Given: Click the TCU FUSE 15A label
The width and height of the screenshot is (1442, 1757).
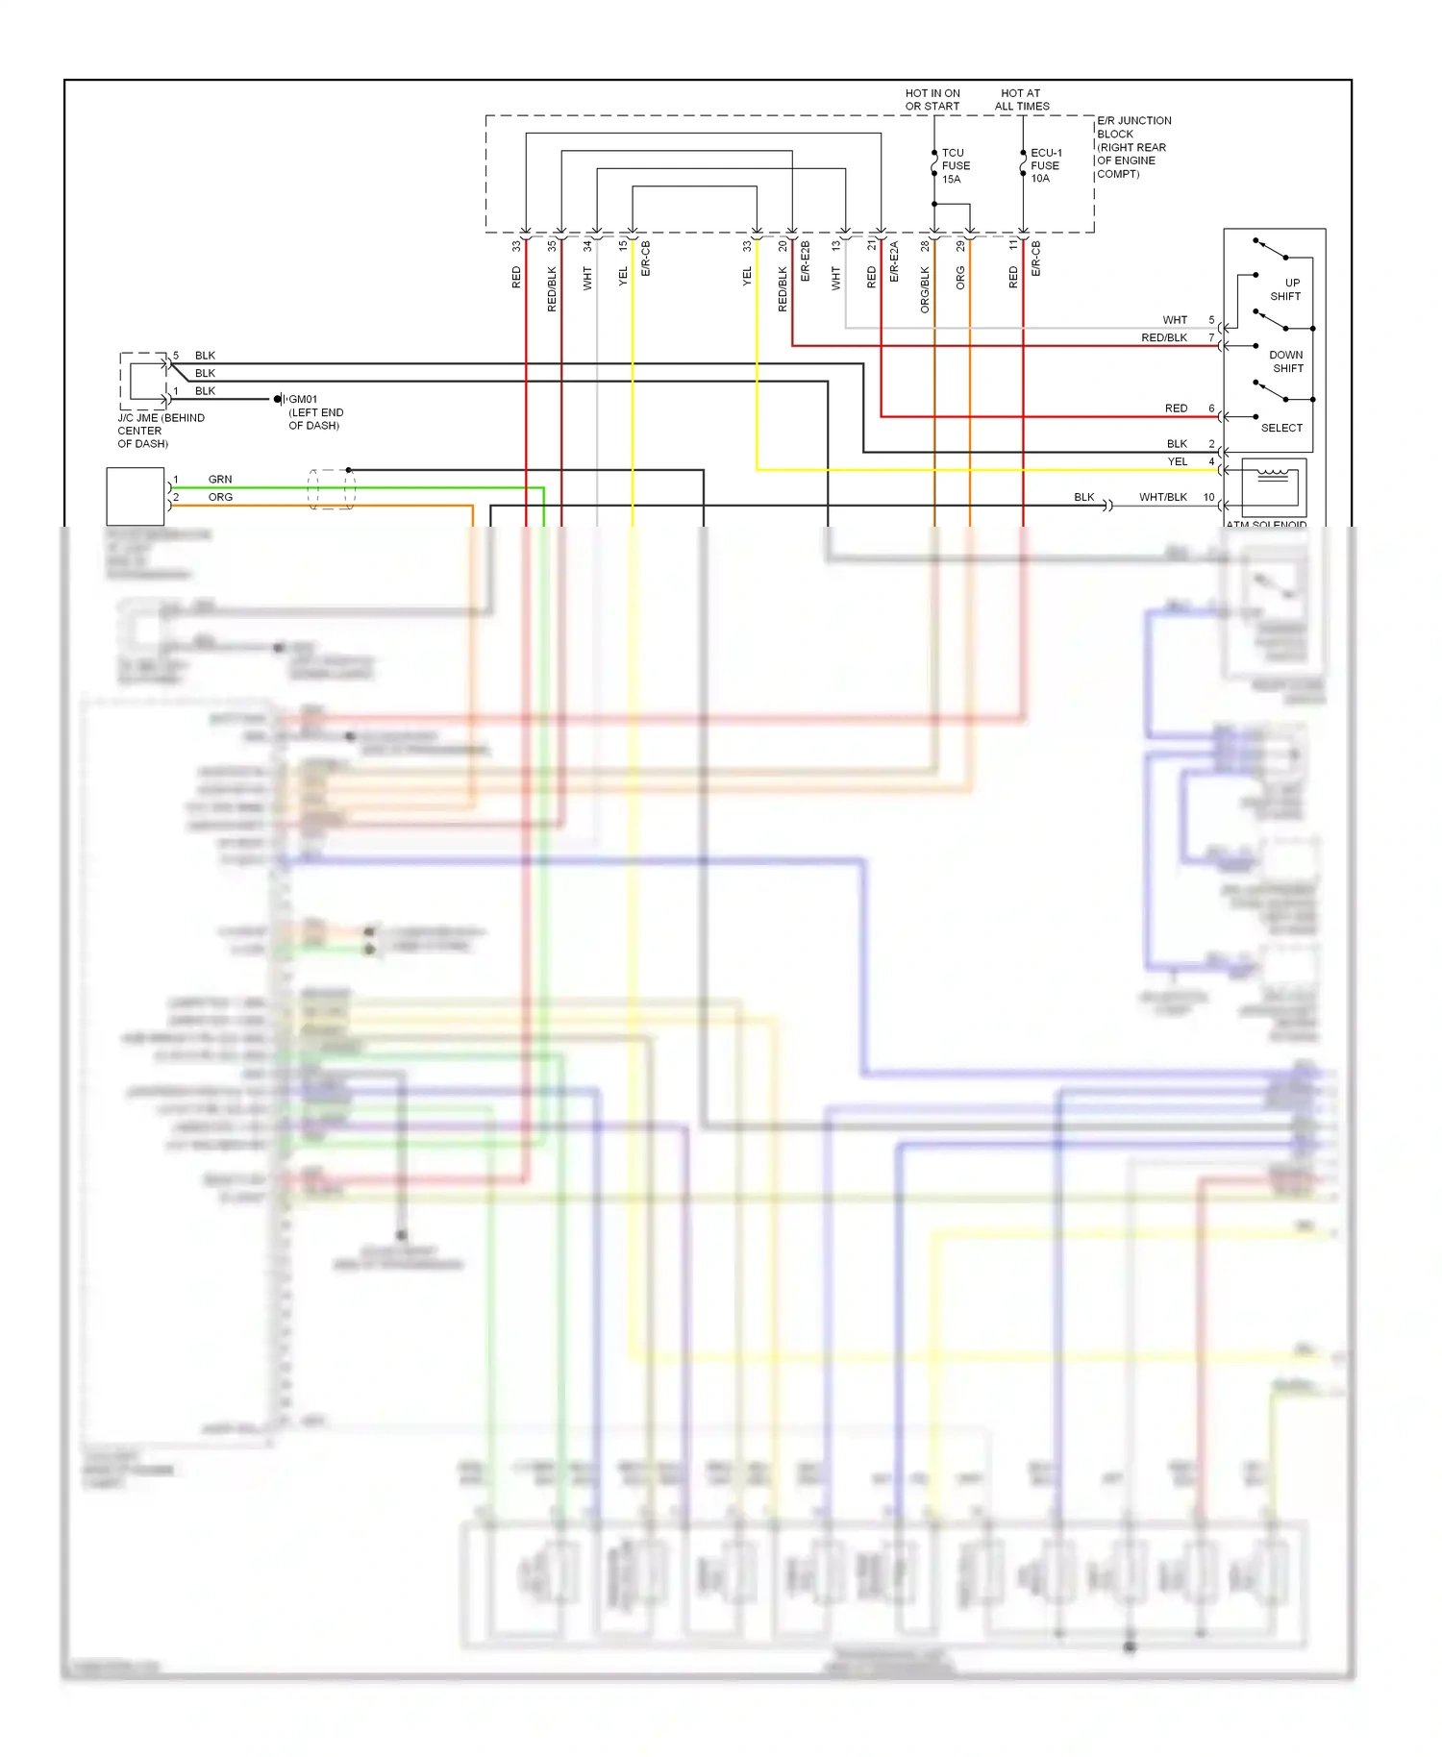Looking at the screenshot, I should (x=955, y=165).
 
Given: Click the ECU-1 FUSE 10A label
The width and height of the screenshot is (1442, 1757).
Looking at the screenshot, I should (x=1045, y=165).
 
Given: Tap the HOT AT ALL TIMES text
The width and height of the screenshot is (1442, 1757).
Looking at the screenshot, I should (x=1021, y=100).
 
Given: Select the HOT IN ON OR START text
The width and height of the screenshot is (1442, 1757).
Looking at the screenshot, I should (x=932, y=100).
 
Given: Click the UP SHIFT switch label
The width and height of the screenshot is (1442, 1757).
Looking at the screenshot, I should (x=1286, y=289).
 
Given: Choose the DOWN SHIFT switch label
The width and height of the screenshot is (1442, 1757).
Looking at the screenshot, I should (x=1286, y=361).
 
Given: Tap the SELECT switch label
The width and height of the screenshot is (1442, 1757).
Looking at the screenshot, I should (x=1281, y=428).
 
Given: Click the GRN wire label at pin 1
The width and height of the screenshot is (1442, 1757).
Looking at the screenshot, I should (x=220, y=479).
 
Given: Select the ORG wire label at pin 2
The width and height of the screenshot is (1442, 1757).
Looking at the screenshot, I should (x=220, y=497).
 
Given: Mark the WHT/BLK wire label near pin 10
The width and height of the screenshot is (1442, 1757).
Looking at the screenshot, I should (x=1162, y=497).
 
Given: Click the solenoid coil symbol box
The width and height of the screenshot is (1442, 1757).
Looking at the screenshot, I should (x=1273, y=487).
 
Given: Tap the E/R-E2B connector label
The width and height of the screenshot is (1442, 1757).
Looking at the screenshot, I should (x=806, y=261).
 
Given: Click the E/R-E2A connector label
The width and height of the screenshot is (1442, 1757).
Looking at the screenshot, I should (x=894, y=261).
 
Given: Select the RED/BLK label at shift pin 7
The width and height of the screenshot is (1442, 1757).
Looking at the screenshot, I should (x=1163, y=337).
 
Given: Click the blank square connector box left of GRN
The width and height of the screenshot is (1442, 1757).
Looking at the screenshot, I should (x=135, y=496).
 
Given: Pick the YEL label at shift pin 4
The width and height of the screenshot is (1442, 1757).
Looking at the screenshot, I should (x=1177, y=461).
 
